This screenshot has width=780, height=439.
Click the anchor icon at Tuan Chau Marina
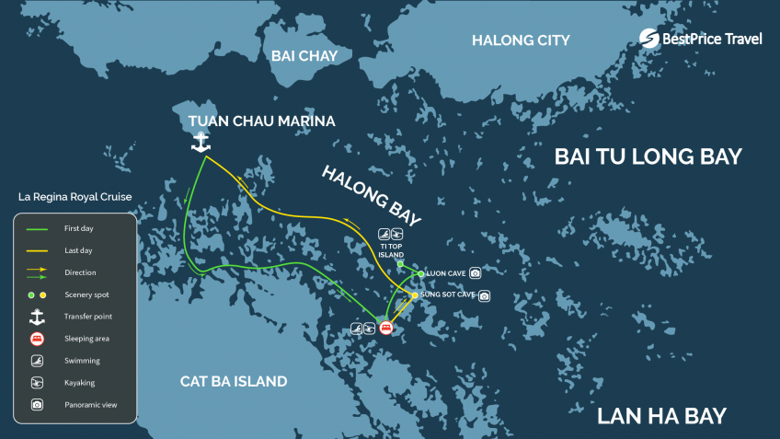point(201,142)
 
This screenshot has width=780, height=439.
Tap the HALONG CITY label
point(521,40)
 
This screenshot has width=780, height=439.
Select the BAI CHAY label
point(304,56)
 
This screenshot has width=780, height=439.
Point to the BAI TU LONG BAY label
point(648,157)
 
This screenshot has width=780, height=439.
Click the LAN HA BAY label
point(661,415)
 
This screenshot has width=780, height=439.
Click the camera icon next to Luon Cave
point(475,273)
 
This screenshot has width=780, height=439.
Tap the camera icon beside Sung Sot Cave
point(484,295)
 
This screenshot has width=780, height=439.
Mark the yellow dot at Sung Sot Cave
point(415,295)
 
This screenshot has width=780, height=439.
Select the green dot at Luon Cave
point(420,274)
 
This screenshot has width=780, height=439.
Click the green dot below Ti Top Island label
point(400,264)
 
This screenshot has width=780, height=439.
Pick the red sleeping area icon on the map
point(385,327)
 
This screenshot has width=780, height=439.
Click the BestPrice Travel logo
point(701,38)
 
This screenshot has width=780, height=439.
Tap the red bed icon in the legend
point(37,339)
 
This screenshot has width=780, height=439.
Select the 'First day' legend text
point(79,228)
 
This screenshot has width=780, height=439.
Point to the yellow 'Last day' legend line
point(37,250)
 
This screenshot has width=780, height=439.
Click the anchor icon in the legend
point(37,317)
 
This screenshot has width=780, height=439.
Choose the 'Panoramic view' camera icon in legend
point(37,404)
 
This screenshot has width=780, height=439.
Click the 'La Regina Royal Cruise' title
point(75,197)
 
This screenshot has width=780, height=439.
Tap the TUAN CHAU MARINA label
point(261,121)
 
